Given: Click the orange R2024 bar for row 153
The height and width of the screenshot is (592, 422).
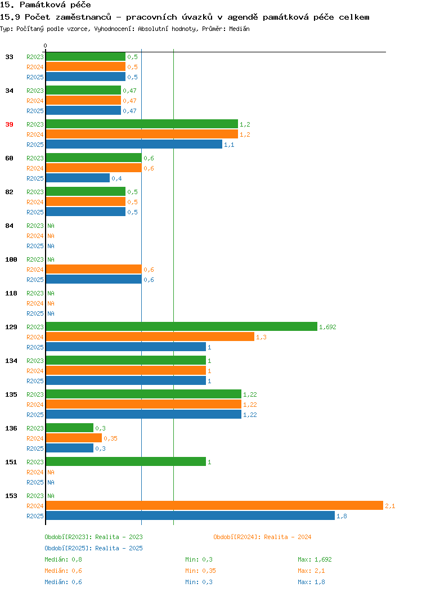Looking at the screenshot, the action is (214, 505).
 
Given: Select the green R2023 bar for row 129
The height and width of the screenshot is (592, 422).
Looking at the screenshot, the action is (182, 326).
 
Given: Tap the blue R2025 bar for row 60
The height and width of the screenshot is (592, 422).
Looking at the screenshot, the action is (78, 178).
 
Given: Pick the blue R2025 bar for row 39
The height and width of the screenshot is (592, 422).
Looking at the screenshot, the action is (134, 144).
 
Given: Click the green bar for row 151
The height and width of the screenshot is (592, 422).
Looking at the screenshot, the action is (126, 462).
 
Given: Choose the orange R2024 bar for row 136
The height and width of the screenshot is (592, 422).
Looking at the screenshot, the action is (74, 438).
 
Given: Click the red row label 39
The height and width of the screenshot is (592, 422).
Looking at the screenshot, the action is (9, 124).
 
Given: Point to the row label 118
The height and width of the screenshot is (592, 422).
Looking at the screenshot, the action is (11, 293).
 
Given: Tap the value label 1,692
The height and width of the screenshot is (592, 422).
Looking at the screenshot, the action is (327, 327).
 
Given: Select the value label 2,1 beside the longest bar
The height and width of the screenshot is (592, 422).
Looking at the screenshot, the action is (390, 506).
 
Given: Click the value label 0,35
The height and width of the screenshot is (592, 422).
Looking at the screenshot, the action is (111, 438).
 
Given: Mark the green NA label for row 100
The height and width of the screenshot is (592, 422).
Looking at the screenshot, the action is (51, 259).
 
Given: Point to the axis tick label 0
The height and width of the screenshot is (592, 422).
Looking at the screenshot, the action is (46, 46).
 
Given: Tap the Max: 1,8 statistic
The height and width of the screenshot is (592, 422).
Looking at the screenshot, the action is (311, 582).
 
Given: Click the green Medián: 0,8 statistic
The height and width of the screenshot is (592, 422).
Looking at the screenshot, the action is (63, 559).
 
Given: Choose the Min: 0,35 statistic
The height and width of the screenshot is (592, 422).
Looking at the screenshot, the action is (200, 571).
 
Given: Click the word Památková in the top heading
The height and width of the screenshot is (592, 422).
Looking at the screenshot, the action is (42, 5).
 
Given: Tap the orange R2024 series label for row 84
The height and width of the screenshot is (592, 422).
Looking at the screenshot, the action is (35, 236).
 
